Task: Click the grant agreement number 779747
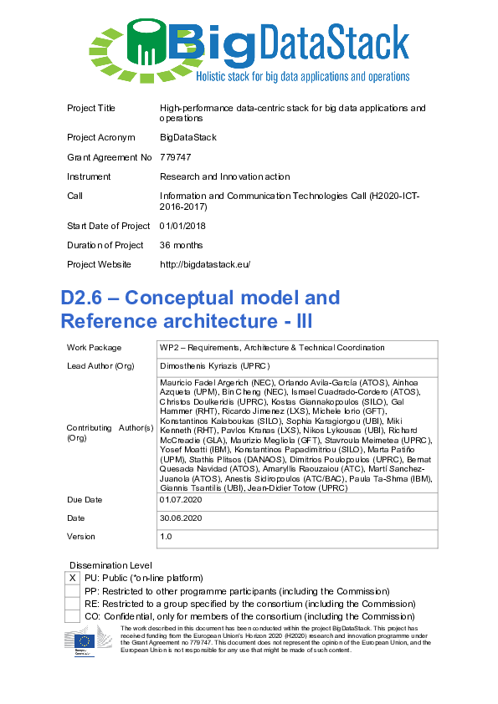tap(175, 156)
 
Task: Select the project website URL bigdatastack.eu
tap(205, 264)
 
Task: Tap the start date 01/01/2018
tap(182, 226)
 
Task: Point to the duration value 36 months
tap(181, 245)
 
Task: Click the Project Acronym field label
tap(100, 137)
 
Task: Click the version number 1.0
tap(166, 537)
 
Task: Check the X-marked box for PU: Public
tap(73, 578)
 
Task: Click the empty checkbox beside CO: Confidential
tap(73, 616)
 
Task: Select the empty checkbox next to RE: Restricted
tap(73, 604)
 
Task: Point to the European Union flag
tap(85, 643)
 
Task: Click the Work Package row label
tap(94, 348)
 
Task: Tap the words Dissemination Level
tap(110, 565)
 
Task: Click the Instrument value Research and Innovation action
tap(224, 176)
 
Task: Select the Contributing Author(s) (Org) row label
tap(110, 432)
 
